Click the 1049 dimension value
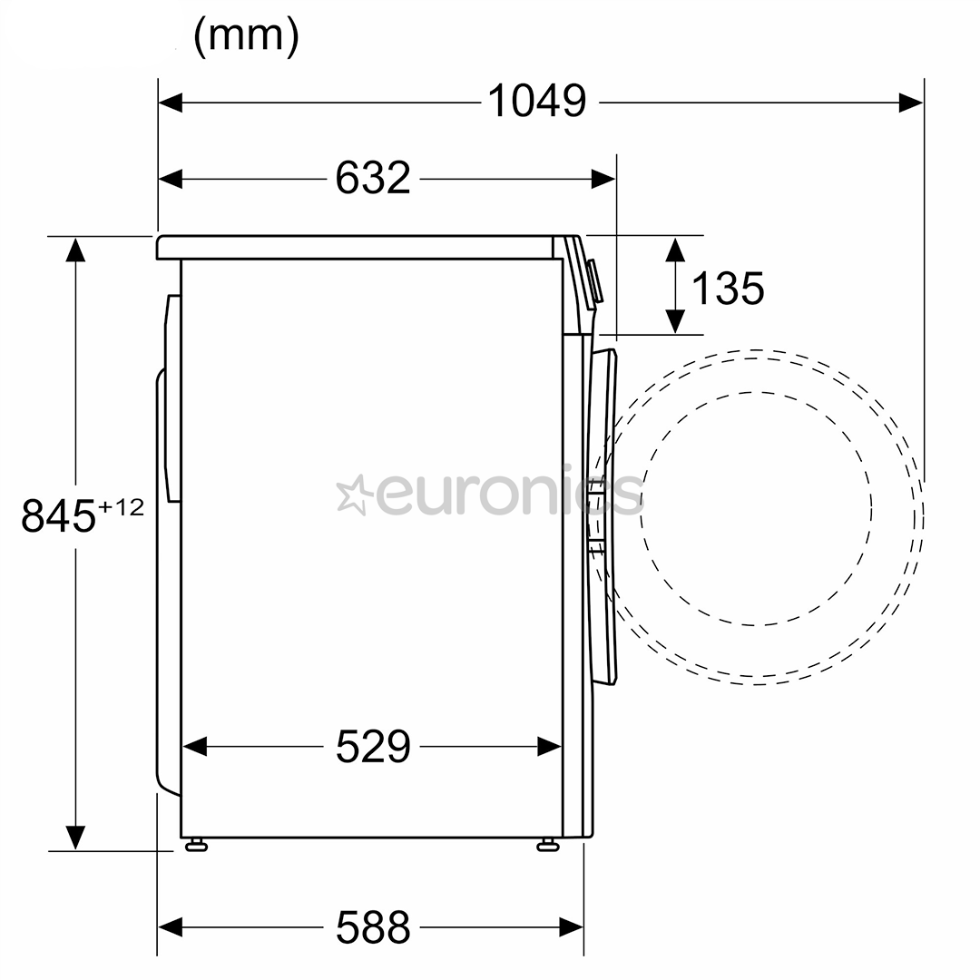[537, 102]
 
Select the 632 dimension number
[373, 178]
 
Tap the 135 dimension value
[728, 289]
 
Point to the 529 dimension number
[373, 746]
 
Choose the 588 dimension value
[373, 926]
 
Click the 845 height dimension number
[59, 516]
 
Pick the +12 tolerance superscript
[122, 507]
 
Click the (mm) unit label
[246, 36]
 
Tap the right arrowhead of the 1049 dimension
[911, 102]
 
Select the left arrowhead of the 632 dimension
[171, 179]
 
